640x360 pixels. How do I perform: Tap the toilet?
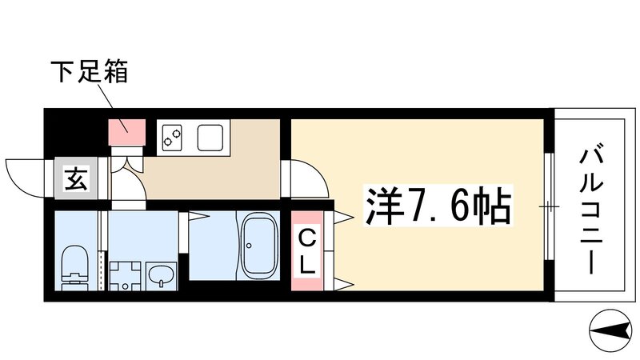point(74,263)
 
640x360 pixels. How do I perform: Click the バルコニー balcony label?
point(591,206)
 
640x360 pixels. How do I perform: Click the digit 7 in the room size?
point(416,206)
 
